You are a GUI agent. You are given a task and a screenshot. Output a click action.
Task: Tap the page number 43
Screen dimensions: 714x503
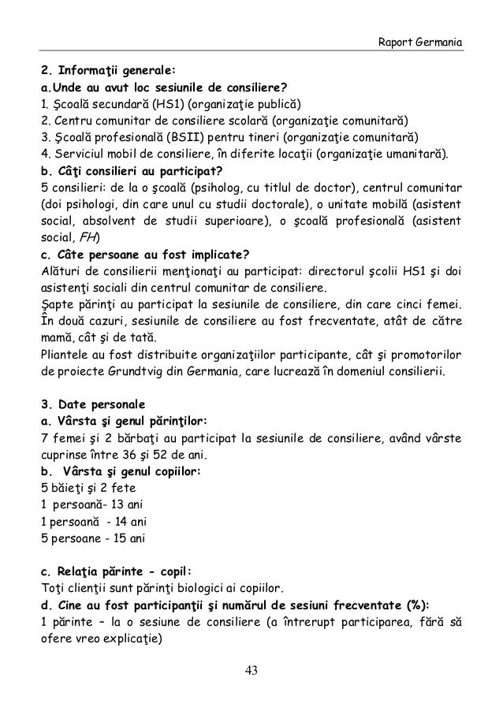(x=251, y=671)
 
